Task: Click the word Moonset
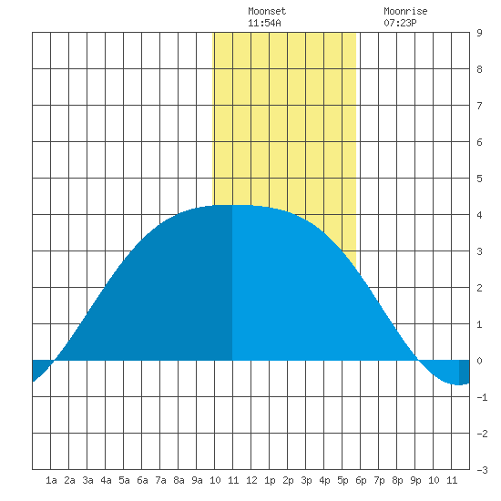pyautogui.click(x=267, y=11)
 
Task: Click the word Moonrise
pyautogui.click(x=405, y=11)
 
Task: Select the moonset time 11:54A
pyautogui.click(x=264, y=23)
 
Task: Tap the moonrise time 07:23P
pyautogui.click(x=400, y=23)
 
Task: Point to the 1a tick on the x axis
pyautogui.click(x=51, y=480)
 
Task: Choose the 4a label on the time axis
pyautogui.click(x=106, y=480)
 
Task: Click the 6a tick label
pyautogui.click(x=142, y=480)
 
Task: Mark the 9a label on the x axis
pyautogui.click(x=197, y=480)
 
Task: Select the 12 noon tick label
pyautogui.click(x=251, y=480)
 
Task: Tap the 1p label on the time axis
pyautogui.click(x=270, y=480)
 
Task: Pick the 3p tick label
pyautogui.click(x=306, y=480)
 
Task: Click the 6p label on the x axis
pyautogui.click(x=361, y=480)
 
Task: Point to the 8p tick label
pyautogui.click(x=397, y=480)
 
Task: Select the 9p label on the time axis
pyautogui.click(x=415, y=480)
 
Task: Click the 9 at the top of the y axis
pyautogui.click(x=479, y=33)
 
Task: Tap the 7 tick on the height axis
pyautogui.click(x=479, y=106)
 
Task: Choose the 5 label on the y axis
pyautogui.click(x=479, y=179)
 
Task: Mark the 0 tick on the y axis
pyautogui.click(x=479, y=361)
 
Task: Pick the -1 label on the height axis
pyautogui.click(x=482, y=397)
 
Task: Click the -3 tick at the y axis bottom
pyautogui.click(x=482, y=470)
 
